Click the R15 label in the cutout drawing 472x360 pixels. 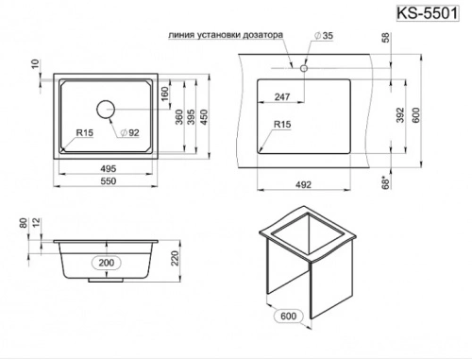click(x=281, y=124)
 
